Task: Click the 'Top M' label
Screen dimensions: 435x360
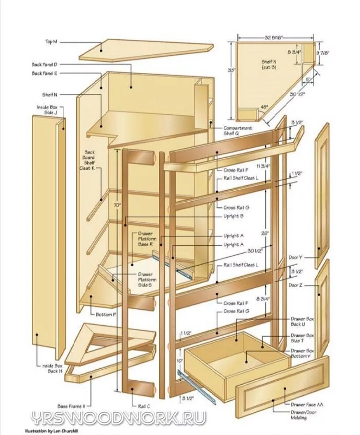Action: coord(51,42)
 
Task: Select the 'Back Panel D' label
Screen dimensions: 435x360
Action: coord(44,64)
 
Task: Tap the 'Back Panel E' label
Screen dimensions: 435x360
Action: coord(44,73)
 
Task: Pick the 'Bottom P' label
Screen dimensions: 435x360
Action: coord(106,315)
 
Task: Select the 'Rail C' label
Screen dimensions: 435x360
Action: coord(144,406)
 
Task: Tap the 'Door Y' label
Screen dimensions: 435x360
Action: coord(295,257)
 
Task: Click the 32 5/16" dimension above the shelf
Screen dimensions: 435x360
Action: coord(274,38)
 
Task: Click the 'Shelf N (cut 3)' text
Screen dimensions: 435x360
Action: coord(269,64)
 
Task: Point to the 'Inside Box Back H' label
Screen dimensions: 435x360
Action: coord(52,368)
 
